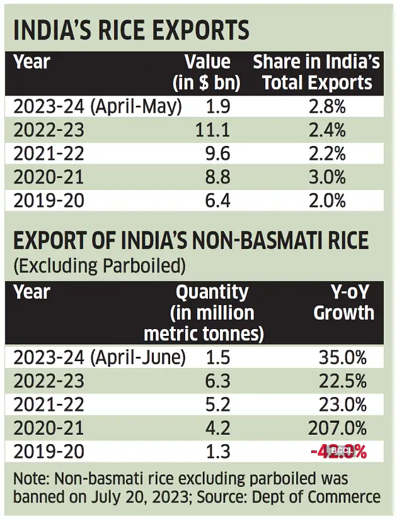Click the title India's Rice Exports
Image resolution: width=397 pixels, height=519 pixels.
tap(132, 30)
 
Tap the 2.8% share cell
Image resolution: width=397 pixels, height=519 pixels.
tap(327, 106)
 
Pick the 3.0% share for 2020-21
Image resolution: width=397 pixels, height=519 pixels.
tap(327, 178)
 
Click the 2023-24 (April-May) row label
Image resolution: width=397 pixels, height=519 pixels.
tap(98, 106)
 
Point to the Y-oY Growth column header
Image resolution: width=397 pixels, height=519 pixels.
tap(343, 303)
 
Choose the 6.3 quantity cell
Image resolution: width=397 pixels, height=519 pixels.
tap(217, 381)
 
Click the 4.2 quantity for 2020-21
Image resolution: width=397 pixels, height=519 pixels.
tap(217, 428)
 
